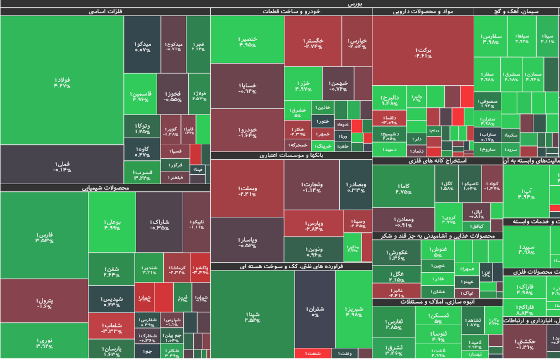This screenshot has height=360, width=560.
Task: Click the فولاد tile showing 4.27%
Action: pos(61,82)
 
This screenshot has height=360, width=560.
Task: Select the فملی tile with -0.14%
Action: pos(61,166)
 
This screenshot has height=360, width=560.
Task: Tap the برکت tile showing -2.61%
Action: pos(423,52)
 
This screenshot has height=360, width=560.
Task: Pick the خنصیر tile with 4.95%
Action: pos(247,41)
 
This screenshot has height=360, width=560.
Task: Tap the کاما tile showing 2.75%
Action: pos(403,189)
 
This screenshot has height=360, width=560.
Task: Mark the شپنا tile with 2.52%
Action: pos(252,315)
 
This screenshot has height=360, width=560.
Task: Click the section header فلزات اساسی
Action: pos(105,11)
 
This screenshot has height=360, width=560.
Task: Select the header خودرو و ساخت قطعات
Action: pos(291,11)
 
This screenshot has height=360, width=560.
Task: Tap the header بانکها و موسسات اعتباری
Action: pos(291,156)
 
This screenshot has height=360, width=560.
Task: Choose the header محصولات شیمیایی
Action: pos(105,188)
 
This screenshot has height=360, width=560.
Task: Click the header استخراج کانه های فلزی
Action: pos(437,161)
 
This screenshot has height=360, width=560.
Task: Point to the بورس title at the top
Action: pos(354,3)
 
